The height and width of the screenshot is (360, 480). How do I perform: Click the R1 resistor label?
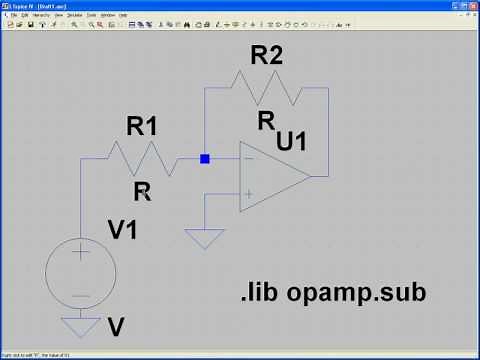(142, 127)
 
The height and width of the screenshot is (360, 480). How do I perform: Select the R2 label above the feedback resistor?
(266, 57)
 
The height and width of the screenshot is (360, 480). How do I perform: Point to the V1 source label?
(123, 230)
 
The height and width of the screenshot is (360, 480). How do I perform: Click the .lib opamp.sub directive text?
(333, 293)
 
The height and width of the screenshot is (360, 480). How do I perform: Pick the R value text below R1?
(142, 192)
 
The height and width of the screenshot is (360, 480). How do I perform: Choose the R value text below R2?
(266, 121)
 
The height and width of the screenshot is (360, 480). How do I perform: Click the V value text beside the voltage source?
(116, 327)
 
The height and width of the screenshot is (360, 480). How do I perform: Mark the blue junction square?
(205, 159)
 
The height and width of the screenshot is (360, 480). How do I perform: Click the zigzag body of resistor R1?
(142, 159)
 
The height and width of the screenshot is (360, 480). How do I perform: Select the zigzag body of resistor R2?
(267, 87)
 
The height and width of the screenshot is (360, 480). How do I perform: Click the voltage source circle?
(81, 271)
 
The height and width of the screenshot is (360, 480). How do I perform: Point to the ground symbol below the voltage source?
(81, 325)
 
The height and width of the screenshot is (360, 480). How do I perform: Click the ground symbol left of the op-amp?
(205, 240)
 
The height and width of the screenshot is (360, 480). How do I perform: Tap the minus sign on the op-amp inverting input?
(248, 159)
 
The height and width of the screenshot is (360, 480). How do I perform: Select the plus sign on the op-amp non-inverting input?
(248, 194)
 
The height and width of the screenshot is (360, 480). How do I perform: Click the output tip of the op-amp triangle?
(310, 176)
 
